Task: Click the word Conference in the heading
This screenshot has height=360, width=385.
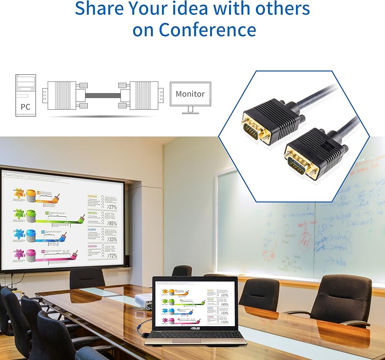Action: (208, 29)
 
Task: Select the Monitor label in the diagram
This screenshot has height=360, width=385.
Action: (190, 94)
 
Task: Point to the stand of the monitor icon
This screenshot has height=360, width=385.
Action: (190, 109)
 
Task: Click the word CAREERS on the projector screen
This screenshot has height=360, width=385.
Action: (92, 246)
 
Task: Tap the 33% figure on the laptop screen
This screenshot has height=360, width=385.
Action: (225, 313)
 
